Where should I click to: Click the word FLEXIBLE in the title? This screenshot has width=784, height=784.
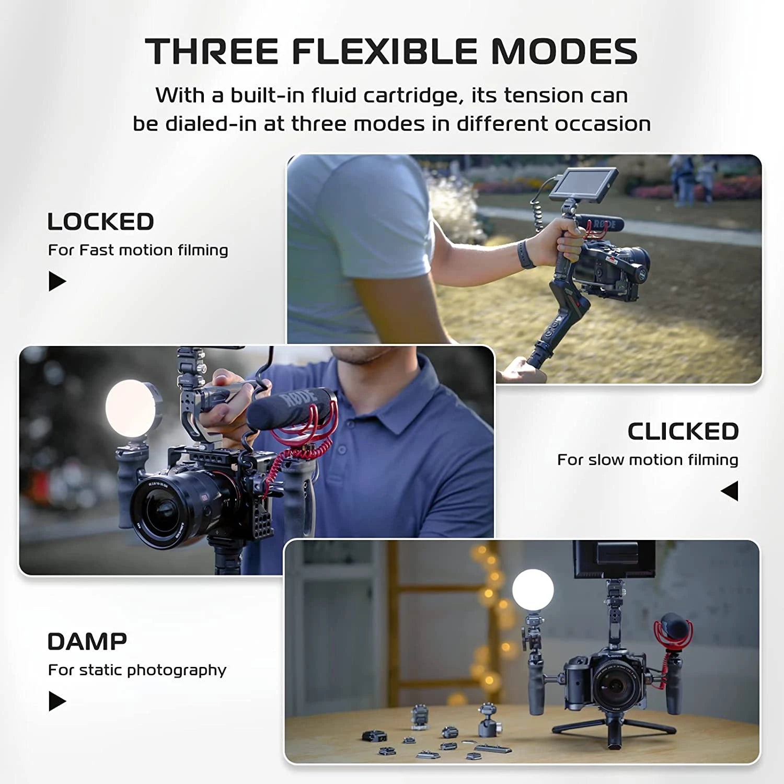coord(384,52)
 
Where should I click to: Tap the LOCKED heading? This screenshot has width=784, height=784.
coord(100,222)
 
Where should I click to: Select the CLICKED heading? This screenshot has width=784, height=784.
coord(683,432)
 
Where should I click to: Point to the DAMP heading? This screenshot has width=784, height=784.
coord(87,641)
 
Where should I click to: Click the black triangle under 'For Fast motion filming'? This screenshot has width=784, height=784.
coord(57,281)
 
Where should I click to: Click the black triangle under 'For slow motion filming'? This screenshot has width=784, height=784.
coord(730,491)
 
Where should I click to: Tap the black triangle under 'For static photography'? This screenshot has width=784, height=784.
coord(57,701)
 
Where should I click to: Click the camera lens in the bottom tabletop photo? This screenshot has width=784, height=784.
coord(615,684)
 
